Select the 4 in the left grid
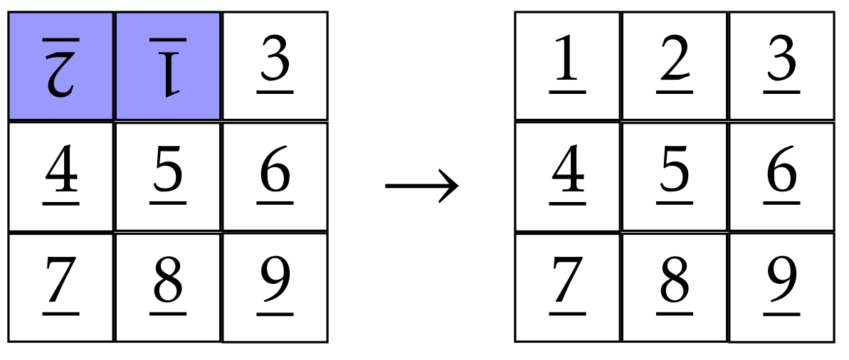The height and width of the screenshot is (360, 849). coord(60,173)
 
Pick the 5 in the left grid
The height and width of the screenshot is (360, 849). coord(168,173)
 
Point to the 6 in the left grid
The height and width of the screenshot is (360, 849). coord(275,173)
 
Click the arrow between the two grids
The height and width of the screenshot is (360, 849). coord(422,187)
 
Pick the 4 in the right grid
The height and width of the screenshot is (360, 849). coord(567,173)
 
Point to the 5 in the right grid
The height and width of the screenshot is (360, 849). coord(675,173)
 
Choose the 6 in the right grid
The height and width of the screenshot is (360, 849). coord(782,173)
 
